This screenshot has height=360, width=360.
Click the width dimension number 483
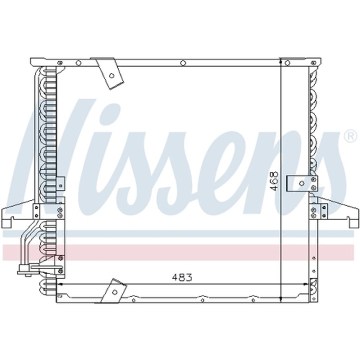[x=182, y=278]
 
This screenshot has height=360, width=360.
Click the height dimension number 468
[x=275, y=180]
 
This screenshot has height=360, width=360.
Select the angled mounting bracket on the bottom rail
[x=114, y=291]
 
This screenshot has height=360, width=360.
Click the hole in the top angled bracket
[x=112, y=76]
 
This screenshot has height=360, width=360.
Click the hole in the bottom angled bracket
[x=114, y=292]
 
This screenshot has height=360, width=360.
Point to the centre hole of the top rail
[x=183, y=63]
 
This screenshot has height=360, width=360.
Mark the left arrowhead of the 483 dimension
[x=60, y=284]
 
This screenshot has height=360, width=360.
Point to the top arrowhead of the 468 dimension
[x=281, y=61]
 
